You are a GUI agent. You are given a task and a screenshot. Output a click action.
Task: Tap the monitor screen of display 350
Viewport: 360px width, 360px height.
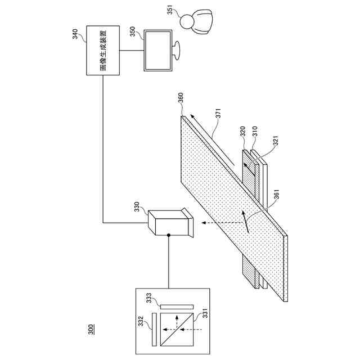[x=158, y=50]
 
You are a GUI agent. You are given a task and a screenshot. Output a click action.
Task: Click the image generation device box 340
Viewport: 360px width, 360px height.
[x=103, y=50]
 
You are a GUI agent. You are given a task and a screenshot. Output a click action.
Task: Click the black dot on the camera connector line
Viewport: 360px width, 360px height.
[x=169, y=236]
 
